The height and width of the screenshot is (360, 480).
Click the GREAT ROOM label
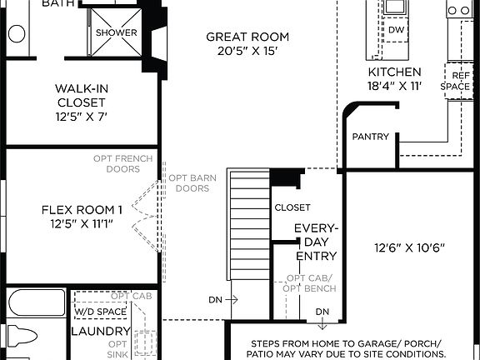[247, 37]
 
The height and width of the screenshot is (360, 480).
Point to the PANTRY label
[371, 137]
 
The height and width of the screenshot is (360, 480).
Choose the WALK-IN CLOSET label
[81, 96]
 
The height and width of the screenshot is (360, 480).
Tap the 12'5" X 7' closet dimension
[81, 117]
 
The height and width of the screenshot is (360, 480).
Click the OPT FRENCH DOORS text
[117, 162]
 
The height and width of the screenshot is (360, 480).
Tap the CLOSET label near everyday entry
[292, 207]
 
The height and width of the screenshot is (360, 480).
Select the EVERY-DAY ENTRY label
[316, 242]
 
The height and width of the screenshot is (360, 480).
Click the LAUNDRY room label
[99, 331]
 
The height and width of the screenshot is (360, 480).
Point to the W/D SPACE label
[100, 312]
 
